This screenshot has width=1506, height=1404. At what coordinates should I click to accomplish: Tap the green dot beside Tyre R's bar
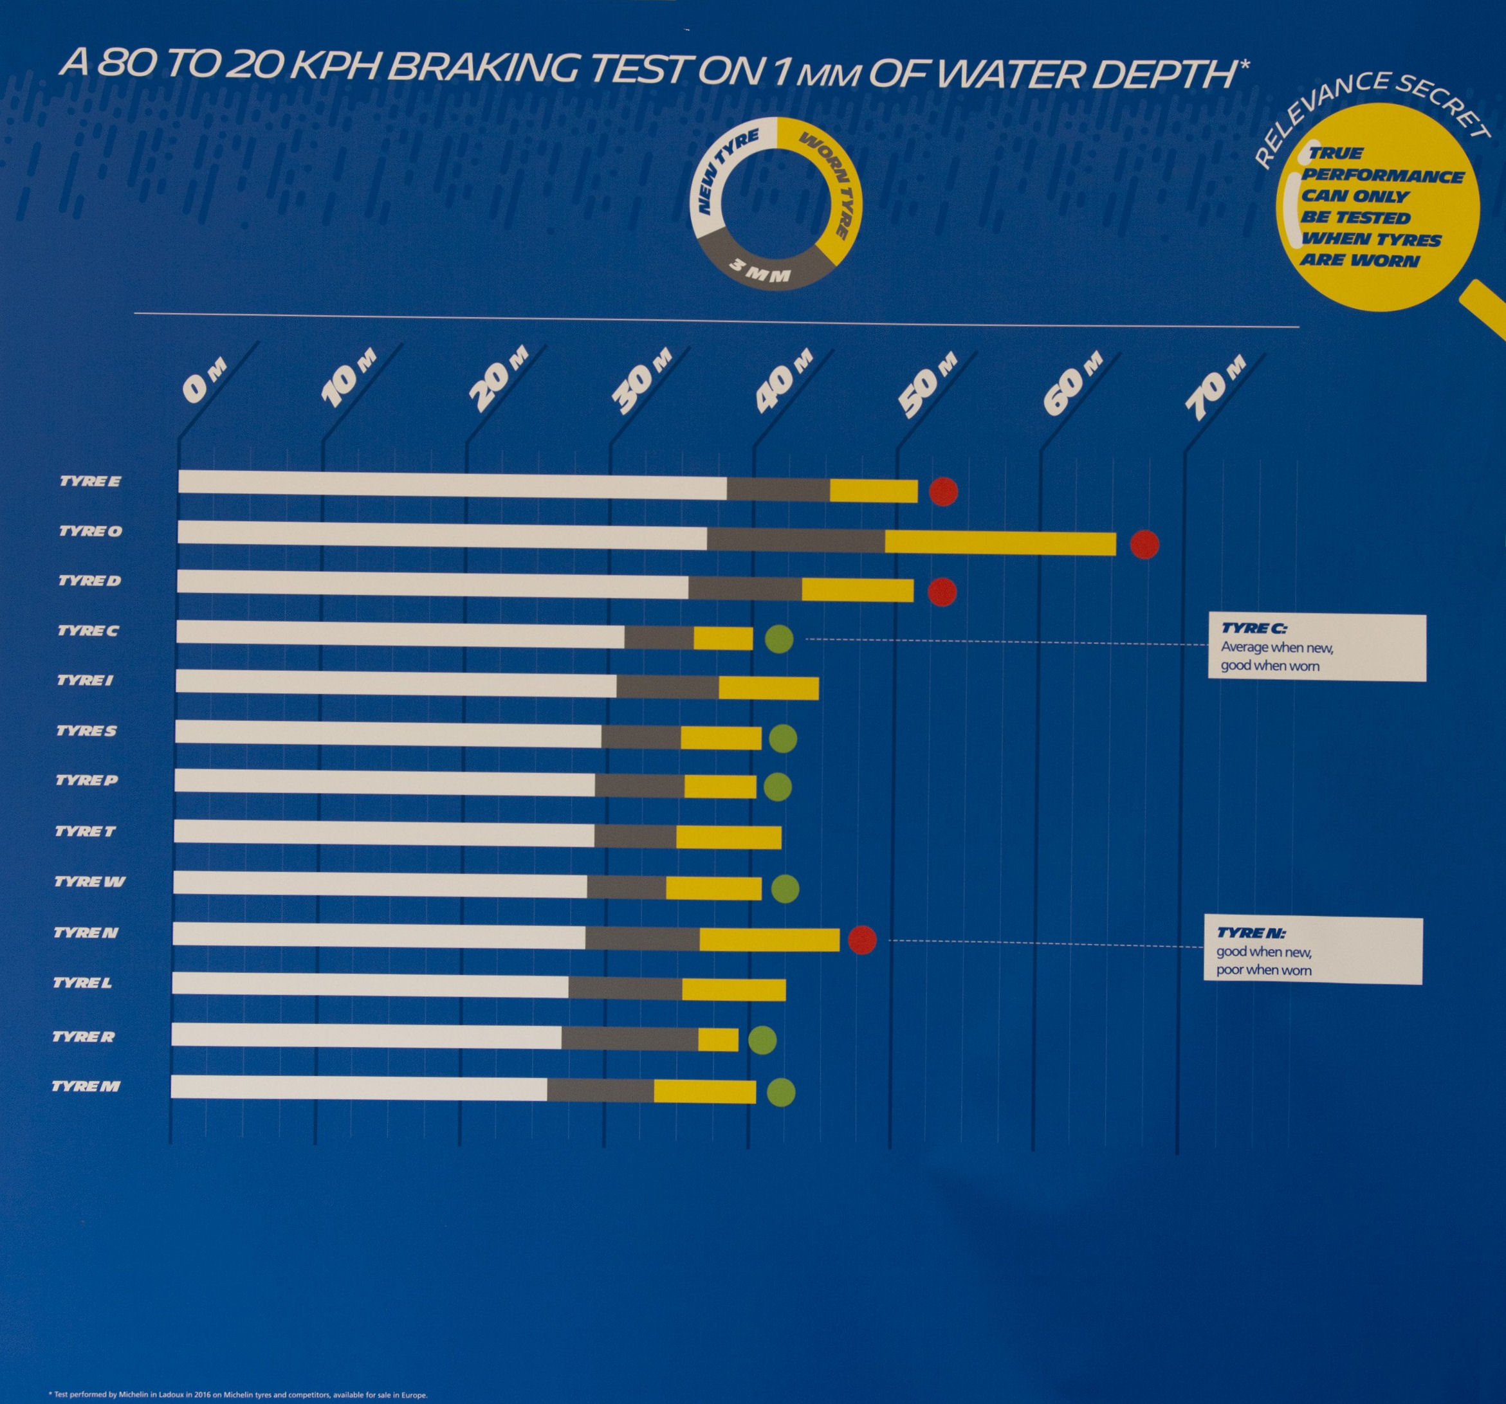762,1041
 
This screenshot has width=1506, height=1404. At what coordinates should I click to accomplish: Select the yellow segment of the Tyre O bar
1000,543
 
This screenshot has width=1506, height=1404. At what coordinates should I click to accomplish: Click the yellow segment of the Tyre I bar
768,688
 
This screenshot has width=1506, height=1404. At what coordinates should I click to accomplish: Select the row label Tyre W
89,882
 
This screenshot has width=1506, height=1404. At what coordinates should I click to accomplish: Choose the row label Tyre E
90,482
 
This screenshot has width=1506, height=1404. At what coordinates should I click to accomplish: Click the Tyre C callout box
1317,648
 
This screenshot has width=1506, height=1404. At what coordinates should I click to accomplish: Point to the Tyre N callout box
1312,951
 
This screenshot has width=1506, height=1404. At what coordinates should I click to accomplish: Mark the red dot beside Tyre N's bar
862,940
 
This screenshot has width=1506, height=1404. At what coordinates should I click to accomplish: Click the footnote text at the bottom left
237,1394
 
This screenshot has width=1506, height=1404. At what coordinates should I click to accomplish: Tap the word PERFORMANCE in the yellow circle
1382,176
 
